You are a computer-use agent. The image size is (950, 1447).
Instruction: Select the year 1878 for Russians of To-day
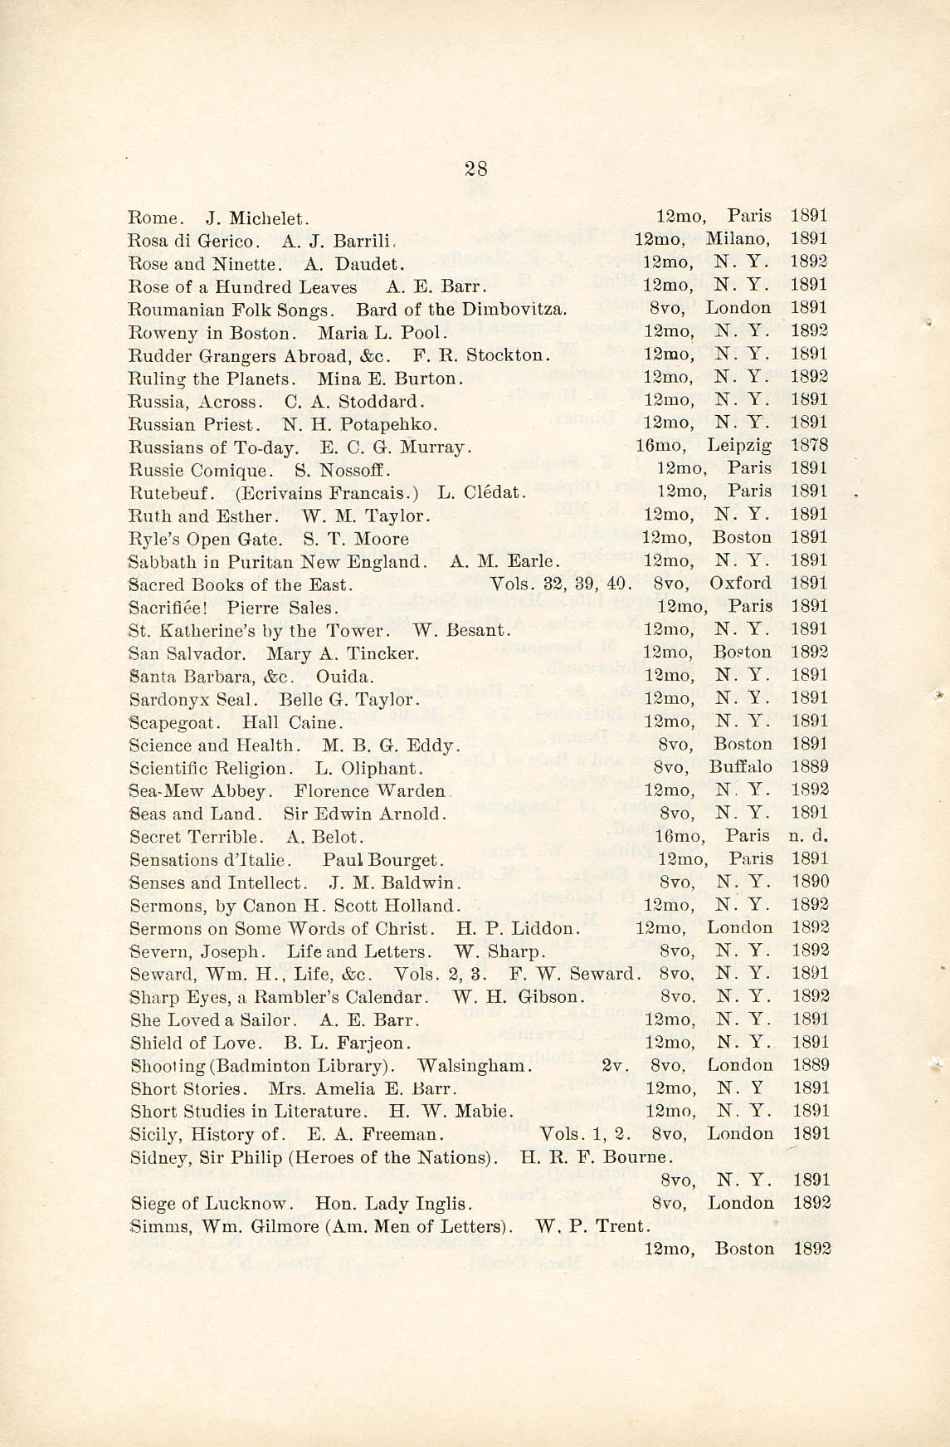[x=810, y=446]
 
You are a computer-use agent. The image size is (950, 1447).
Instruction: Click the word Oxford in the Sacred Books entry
[x=741, y=583]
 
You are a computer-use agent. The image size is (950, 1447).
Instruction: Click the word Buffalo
[x=740, y=766]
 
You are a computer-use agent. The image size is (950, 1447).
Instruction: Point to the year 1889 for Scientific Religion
[x=810, y=766]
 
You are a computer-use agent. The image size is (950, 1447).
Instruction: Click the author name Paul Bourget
[x=384, y=859]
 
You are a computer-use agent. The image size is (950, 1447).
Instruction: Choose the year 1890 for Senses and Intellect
[x=810, y=882]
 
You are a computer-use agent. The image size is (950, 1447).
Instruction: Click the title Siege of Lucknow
[x=211, y=1203]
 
